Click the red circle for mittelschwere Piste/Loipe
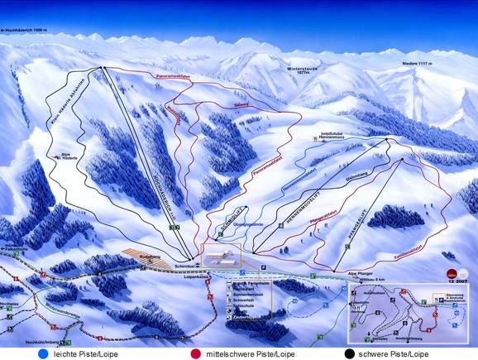coord(196,353)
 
